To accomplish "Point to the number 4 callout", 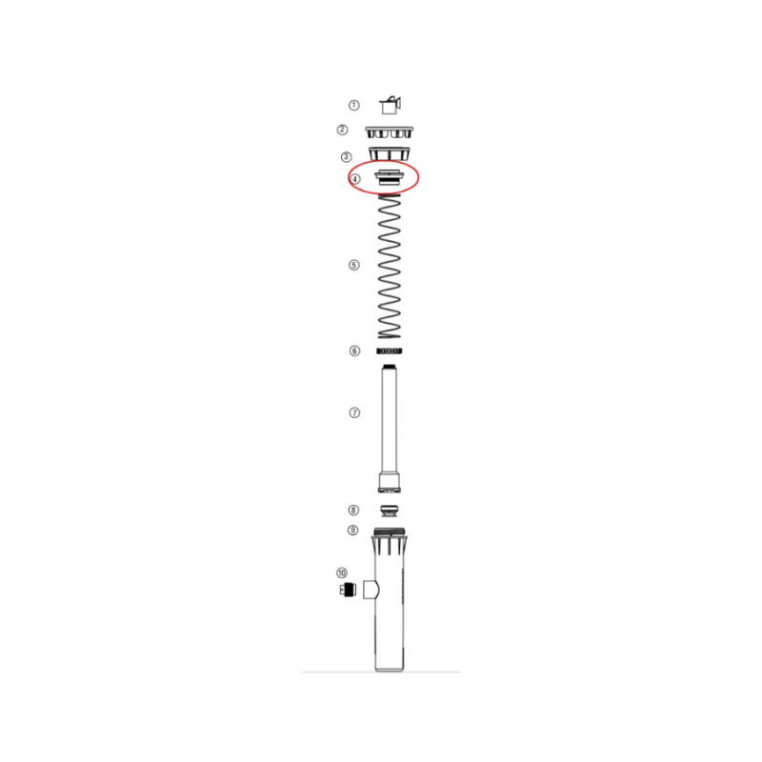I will tap(355, 179).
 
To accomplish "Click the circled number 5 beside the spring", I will tap(354, 265).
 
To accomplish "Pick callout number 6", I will tap(354, 351).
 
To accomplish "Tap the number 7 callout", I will tap(354, 412).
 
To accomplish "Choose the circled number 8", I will tap(354, 511).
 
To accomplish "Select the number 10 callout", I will tap(342, 572).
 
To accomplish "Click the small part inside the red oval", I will tap(389, 177).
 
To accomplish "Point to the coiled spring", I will tap(390, 267).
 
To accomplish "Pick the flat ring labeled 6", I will tap(390, 351).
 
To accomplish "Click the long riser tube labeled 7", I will tap(389, 419).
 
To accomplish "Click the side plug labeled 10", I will tap(349, 590).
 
